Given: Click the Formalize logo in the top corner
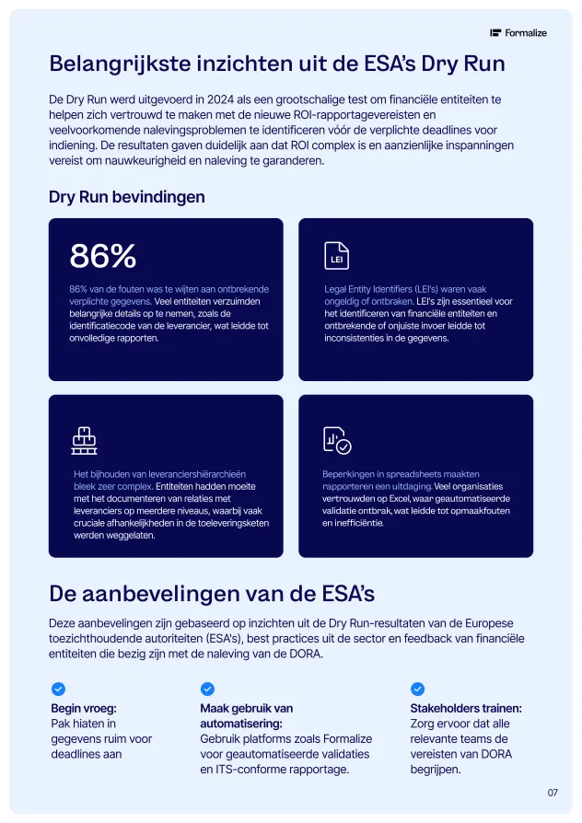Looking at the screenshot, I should (518, 33).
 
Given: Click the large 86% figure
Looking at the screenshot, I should (103, 257).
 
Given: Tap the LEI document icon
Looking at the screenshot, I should (336, 257).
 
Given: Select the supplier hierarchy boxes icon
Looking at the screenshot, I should (84, 441).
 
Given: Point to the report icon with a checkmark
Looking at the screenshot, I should (336, 441).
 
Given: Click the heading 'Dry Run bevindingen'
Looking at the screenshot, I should (127, 197).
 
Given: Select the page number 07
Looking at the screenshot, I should (553, 792).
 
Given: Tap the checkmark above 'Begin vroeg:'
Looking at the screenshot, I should (58, 689).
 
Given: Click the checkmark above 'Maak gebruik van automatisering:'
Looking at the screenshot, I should (207, 689).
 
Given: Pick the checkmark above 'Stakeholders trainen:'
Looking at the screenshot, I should (417, 689).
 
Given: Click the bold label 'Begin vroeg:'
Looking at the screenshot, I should (84, 709).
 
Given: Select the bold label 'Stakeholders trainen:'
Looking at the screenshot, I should (466, 709).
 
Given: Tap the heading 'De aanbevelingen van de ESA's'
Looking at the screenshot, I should (212, 591).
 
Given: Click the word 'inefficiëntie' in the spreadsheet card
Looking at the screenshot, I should (356, 523).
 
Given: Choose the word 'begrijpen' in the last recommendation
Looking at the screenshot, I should (435, 770).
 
